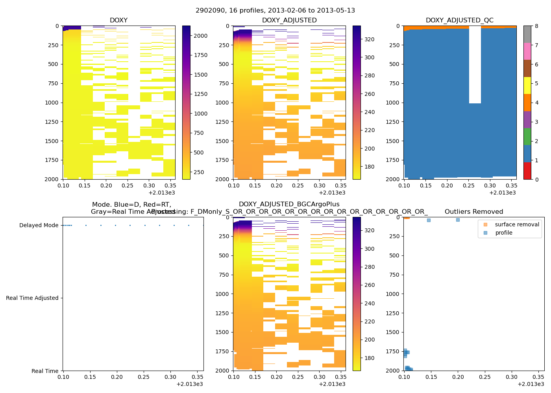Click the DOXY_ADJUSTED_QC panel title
coord(459,20)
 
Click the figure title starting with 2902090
coord(275,11)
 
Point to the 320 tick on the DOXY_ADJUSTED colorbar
coord(370,39)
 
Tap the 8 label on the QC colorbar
coord(536,26)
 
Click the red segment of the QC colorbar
coord(527,171)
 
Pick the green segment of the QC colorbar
coord(527,137)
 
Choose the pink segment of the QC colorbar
coord(527,51)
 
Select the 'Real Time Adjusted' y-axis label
coord(32,298)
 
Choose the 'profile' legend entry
coord(503,233)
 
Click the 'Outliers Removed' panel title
coord(473,212)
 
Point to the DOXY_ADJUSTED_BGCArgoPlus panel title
coord(289,204)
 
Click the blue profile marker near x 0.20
coord(458,220)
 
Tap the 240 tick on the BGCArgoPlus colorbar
coord(370,303)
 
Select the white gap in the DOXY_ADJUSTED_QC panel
coord(475,63)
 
